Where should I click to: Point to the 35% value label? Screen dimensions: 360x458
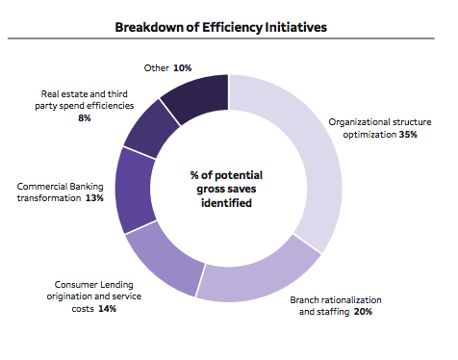409,136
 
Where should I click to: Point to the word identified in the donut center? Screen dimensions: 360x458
228,204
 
